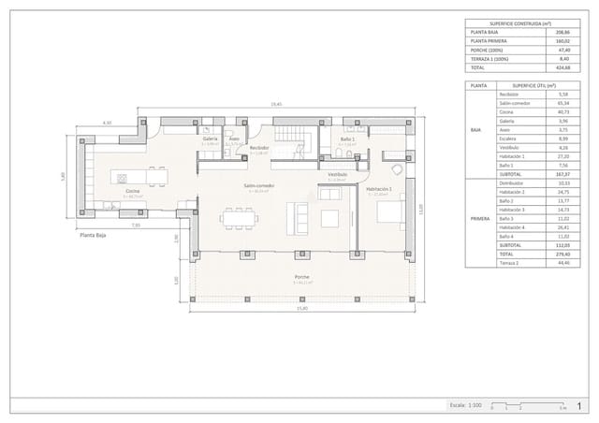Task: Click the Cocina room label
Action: (x=133, y=192)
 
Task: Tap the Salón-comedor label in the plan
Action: (x=258, y=185)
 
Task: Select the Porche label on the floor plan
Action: (x=300, y=277)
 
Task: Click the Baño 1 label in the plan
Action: (x=346, y=139)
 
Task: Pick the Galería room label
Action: (x=210, y=139)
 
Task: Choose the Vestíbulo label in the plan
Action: (x=337, y=174)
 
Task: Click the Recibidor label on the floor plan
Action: (x=259, y=148)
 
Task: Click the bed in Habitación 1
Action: (x=390, y=213)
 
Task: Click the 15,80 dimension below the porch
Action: (x=301, y=308)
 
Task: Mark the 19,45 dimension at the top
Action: (x=276, y=104)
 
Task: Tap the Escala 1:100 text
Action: (x=465, y=406)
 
